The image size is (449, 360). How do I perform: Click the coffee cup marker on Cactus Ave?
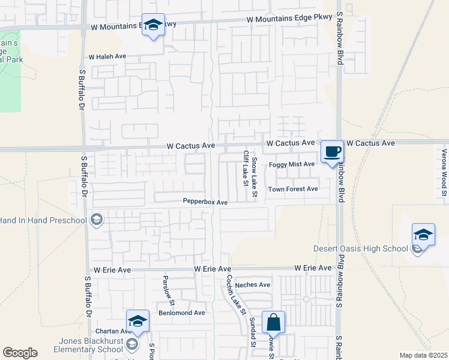tap(332, 152)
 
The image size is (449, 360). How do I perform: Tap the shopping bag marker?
tap(273, 323)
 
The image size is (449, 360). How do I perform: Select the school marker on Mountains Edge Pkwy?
tap(153, 25)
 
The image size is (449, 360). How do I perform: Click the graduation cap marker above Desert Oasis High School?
tap(423, 234)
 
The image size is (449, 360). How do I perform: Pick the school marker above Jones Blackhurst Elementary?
tap(137, 321)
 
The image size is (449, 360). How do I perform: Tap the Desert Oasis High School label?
tap(360, 249)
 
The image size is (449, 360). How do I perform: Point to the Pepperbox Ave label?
tap(205, 202)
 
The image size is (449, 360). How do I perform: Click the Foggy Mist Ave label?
tap(292, 164)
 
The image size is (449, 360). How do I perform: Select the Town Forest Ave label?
tap(293, 189)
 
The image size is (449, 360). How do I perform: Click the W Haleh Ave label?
tap(107, 56)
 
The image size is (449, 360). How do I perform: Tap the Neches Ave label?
tap(253, 285)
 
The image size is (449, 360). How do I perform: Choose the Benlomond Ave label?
tap(181, 313)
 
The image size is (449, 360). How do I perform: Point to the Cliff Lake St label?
tap(246, 168)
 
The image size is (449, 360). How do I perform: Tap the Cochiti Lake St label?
tap(236, 295)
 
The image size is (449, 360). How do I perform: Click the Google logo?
tap(20, 353)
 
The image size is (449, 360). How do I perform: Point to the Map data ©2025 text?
tap(423, 355)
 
